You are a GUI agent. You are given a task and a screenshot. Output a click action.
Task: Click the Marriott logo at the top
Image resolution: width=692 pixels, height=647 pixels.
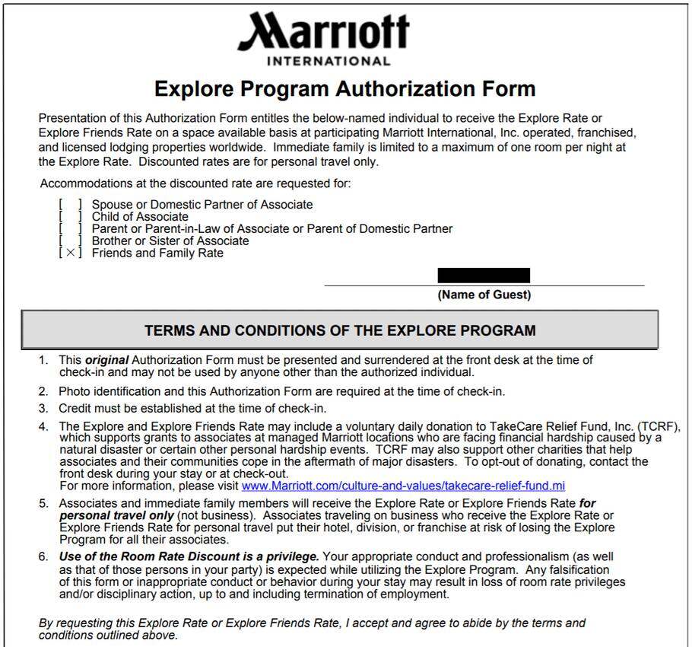324,33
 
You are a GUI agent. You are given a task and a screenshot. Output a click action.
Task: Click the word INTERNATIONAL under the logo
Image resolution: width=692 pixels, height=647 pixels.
329,61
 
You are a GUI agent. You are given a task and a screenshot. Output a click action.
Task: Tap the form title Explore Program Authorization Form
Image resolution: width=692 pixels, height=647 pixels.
344,89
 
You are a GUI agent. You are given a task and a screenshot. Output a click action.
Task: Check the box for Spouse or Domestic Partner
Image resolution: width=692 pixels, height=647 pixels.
70,204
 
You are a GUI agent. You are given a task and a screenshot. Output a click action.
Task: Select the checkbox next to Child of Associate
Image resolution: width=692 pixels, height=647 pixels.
70,216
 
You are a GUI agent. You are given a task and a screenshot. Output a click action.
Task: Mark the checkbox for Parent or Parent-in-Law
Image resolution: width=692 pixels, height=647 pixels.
70,228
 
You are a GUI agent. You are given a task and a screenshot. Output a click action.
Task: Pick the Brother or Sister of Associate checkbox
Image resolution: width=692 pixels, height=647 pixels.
70,241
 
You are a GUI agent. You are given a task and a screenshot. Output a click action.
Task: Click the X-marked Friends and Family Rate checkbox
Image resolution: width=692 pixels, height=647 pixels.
70,253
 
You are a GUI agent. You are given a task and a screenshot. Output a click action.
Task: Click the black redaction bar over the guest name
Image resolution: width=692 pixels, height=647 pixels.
484,276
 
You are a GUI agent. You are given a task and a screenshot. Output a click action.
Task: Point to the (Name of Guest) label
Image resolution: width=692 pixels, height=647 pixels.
484,295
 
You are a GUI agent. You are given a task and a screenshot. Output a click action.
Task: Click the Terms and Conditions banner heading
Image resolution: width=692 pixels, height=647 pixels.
340,330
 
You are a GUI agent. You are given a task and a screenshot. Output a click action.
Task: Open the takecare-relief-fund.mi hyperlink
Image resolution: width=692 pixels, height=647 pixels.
403,486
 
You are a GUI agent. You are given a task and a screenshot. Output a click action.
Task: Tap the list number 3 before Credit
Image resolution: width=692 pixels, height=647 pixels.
44,408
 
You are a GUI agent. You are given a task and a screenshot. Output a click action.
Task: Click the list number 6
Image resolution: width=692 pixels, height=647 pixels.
44,556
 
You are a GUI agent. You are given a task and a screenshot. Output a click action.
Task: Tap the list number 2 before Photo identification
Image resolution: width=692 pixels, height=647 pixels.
44,391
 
